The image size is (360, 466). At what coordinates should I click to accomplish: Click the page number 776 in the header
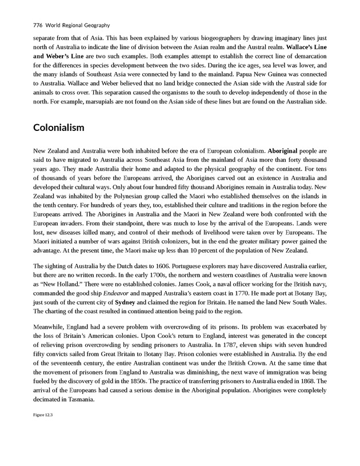(39, 25)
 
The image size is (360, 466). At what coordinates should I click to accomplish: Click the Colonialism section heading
(59, 127)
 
